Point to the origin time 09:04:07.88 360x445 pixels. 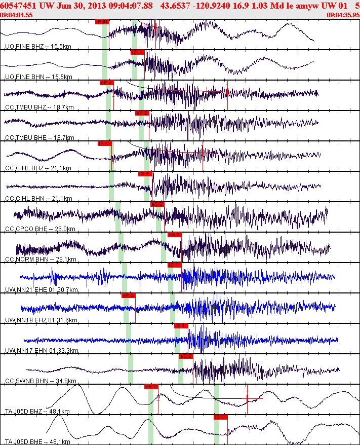131,6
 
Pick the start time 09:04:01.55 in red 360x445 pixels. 17,15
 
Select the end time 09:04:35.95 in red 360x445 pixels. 343,15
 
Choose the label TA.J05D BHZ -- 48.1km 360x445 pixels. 37,412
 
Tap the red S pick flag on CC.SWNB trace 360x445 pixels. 186,356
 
